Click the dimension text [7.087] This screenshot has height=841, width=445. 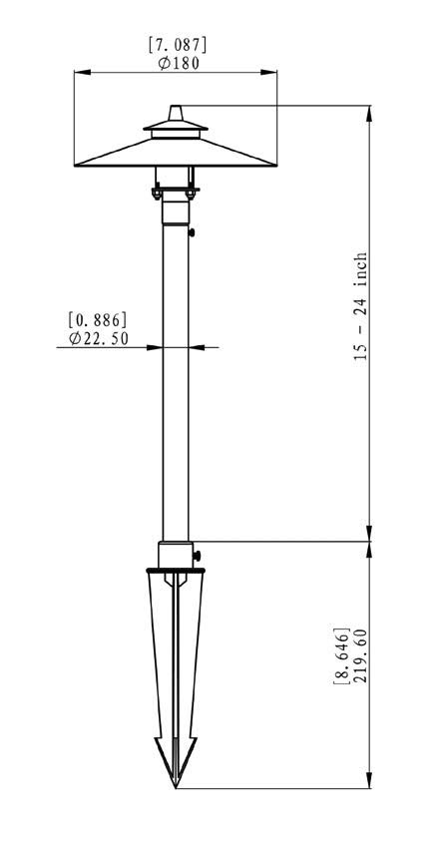coord(178,45)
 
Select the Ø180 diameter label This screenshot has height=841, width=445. coord(179,63)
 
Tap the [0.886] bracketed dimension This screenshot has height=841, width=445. coord(98,321)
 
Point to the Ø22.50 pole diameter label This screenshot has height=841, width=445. coord(99,339)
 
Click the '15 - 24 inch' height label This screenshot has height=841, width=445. coord(361,306)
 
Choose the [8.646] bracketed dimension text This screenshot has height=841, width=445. coord(341,654)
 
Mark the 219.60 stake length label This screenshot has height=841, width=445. coord(360,655)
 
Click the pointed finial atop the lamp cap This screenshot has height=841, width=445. coord(176,113)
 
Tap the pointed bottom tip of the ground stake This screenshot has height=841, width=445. coord(176,787)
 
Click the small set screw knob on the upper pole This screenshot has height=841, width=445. coord(192,232)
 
